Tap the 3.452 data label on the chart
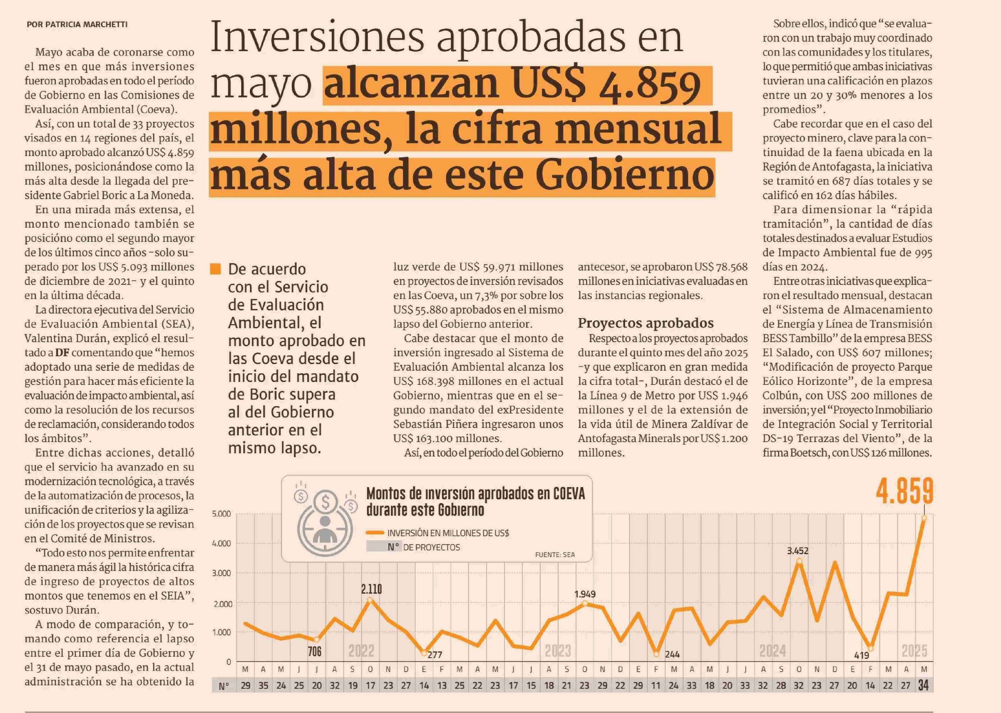[797, 551]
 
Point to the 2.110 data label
[372, 589]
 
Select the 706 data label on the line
[314, 651]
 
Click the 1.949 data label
[585, 594]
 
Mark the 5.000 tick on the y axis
[221, 514]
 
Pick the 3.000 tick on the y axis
[221, 573]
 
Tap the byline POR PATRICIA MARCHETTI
[77, 25]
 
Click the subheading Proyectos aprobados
[645, 323]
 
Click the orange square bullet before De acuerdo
[216, 269]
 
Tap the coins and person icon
[325, 518]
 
